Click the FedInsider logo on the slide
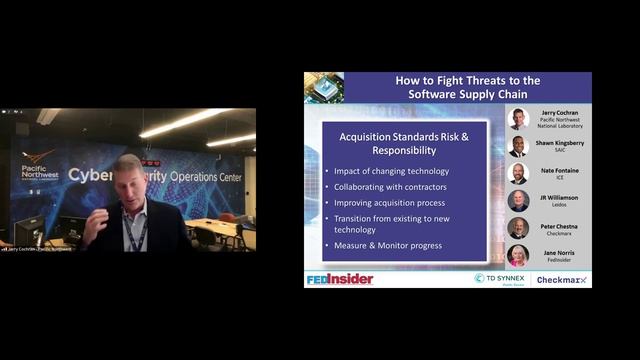[339, 279]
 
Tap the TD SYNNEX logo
[500, 278]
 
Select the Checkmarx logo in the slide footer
[563, 279]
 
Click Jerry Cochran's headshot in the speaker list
[517, 119]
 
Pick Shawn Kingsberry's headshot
[517, 146]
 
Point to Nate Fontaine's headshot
[517, 173]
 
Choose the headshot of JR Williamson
[517, 200]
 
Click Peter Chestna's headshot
[517, 227]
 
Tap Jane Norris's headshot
[517, 254]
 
